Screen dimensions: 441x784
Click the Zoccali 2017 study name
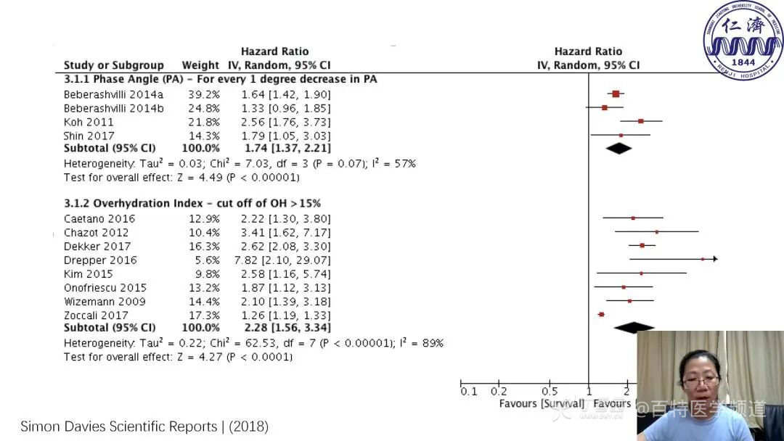tap(96, 315)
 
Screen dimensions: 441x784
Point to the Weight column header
tap(200, 65)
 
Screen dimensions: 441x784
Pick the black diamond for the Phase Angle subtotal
tap(618, 148)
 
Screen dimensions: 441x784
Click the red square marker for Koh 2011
tap(640, 121)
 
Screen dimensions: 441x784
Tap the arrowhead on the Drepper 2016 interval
tap(715, 259)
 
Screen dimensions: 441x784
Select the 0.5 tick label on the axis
tap(550, 392)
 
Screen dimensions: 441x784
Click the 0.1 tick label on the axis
tap(469, 392)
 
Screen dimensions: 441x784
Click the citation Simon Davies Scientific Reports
tap(144, 426)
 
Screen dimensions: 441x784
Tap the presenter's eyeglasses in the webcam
tap(701, 380)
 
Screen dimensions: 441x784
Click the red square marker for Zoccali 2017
tap(601, 314)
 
